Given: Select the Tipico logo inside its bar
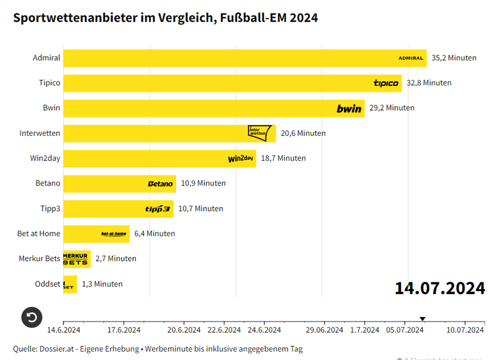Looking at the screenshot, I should (x=386, y=83).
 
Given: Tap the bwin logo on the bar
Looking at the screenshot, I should (x=349, y=108).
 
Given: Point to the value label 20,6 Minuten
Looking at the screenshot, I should (x=303, y=133).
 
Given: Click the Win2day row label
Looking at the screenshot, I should (x=45, y=159).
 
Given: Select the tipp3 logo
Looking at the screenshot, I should (x=157, y=209).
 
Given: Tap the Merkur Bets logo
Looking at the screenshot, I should (x=76, y=259).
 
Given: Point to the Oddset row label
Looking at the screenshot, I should (x=47, y=284).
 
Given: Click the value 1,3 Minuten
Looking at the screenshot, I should (x=102, y=284).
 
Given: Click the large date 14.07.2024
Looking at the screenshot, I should (x=440, y=288).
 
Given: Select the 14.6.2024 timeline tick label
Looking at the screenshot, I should (x=64, y=330).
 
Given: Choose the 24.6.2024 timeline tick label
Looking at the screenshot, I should (x=265, y=330).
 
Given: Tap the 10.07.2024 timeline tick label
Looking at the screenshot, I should (x=465, y=330).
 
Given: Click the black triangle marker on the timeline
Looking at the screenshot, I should (x=423, y=319).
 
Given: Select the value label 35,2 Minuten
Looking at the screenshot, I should (x=454, y=58).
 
